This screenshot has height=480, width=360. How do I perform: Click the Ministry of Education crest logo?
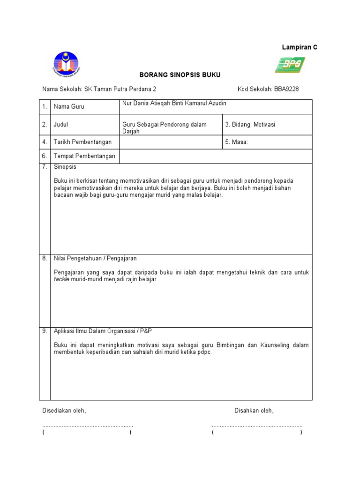[66, 64]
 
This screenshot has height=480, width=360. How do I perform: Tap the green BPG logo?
[290, 65]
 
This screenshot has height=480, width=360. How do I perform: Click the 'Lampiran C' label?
[300, 47]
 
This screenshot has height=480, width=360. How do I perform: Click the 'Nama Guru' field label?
[69, 107]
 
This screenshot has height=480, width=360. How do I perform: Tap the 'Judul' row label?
[61, 125]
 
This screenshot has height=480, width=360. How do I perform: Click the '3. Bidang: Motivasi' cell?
[251, 125]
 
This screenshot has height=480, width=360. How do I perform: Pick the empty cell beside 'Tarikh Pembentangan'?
[170, 142]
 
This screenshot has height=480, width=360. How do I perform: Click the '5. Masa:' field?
[237, 142]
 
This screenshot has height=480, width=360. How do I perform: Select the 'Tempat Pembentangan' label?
[84, 156]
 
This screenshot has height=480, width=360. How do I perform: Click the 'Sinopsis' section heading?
[65, 167]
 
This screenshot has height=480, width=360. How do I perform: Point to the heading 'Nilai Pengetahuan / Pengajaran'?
[95, 258]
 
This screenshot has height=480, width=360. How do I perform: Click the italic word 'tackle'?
[61, 279]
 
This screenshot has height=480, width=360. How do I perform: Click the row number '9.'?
[45, 331]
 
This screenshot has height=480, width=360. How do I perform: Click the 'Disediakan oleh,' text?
[64, 411]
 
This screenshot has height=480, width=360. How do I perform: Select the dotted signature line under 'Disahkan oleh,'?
[257, 426]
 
